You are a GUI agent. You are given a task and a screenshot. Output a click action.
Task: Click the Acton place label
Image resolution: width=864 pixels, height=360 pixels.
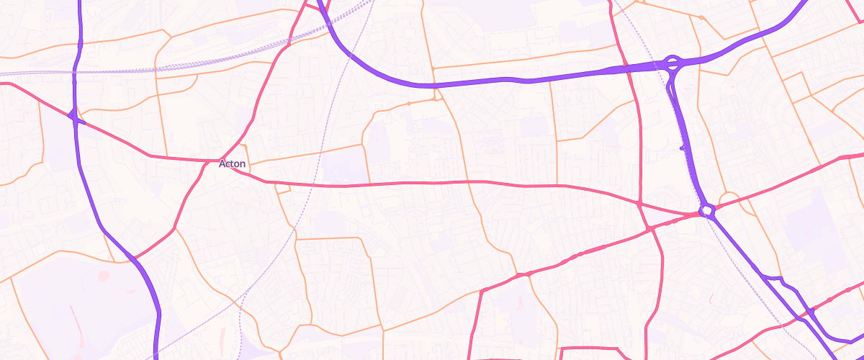[x=233, y=164]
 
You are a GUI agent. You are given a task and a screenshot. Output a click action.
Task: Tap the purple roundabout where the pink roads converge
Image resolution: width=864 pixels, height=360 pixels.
[x=706, y=210]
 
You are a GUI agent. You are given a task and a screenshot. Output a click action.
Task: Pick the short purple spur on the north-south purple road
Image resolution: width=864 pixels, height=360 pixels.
[x=684, y=148]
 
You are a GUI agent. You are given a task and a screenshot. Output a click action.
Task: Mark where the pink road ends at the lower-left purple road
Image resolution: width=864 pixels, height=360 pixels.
[x=132, y=257]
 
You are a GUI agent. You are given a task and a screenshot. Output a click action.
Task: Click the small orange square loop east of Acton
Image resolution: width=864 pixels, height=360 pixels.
[x=282, y=189]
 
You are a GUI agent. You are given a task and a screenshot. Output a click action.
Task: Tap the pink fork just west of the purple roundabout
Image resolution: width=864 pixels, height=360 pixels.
[x=649, y=228]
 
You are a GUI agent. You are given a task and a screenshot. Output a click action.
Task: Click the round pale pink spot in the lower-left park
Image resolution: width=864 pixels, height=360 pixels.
[x=102, y=276]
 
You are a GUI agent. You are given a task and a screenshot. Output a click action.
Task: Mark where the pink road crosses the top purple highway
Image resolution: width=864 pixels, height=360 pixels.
[x=625, y=68]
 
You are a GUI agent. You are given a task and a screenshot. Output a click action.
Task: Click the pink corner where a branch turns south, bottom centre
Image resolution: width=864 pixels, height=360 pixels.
[x=482, y=291]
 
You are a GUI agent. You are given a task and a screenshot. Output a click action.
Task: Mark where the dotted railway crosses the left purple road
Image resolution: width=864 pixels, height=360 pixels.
[x=75, y=73]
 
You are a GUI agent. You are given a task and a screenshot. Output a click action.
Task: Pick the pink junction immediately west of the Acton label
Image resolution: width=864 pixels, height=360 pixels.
[x=204, y=161]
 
